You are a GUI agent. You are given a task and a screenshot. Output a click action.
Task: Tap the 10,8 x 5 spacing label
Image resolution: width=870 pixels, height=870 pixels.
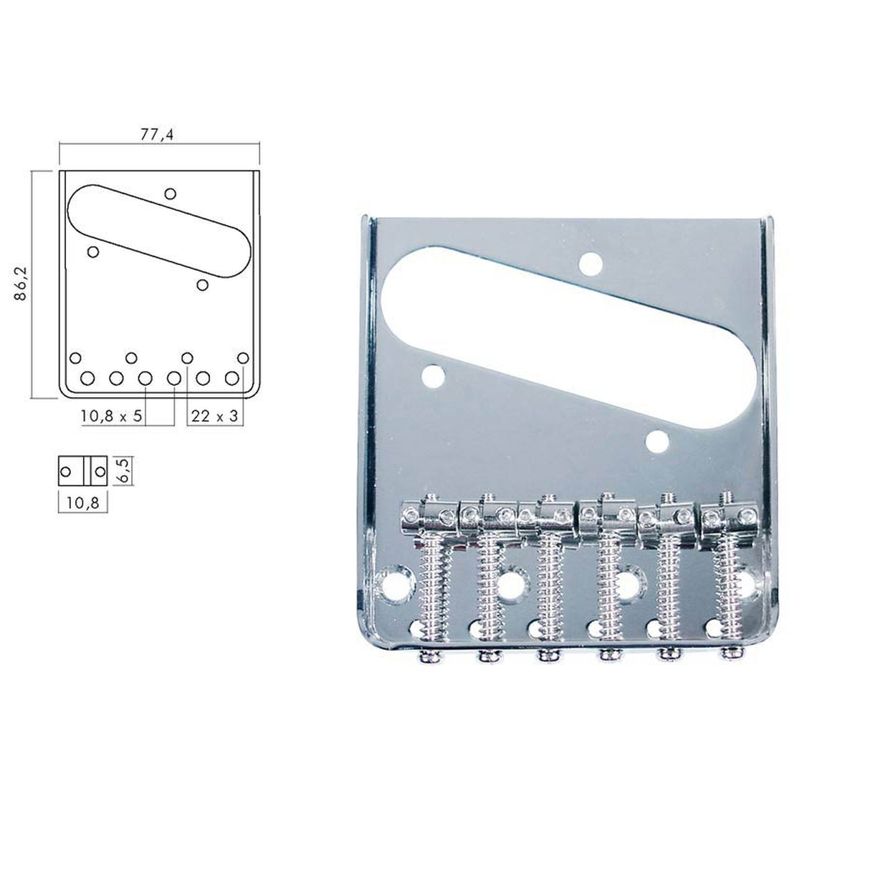pyautogui.click(x=111, y=416)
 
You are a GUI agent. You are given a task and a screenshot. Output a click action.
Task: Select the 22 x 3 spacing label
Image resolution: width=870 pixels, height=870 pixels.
pyautogui.click(x=214, y=416)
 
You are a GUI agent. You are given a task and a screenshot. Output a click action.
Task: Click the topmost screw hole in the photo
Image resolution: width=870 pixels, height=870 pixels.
pyautogui.click(x=591, y=264)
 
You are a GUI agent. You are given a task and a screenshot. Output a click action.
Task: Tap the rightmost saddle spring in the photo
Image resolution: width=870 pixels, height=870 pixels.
pyautogui.click(x=730, y=573)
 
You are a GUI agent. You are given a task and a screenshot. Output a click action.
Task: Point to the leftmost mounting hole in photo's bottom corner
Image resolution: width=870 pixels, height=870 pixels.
pyautogui.click(x=393, y=583)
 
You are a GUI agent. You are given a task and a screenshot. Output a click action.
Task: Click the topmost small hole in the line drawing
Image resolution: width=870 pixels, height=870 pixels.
pyautogui.click(x=171, y=193)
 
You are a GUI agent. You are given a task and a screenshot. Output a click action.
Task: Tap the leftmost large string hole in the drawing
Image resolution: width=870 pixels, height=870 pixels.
pyautogui.click(x=88, y=378)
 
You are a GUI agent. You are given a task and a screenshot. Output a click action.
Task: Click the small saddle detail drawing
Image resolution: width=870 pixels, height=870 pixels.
pyautogui.click(x=82, y=471)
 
